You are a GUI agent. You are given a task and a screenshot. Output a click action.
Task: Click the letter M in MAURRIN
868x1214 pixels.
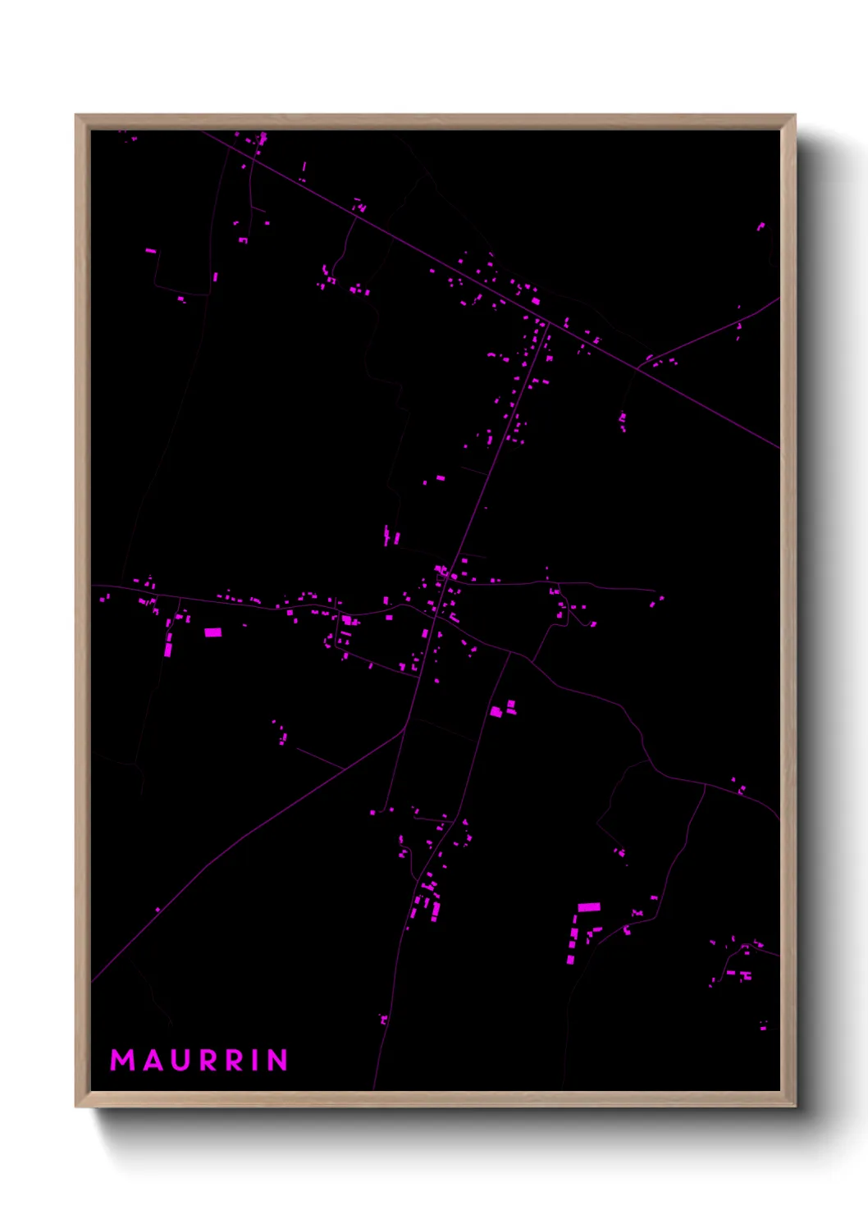(x=122, y=1060)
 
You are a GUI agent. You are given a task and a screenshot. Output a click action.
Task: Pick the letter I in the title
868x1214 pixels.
(x=257, y=1060)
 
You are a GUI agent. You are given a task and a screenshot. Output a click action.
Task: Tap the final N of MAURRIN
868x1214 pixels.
(x=278, y=1060)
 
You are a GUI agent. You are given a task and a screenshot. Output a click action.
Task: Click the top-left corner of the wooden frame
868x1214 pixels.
(x=76, y=116)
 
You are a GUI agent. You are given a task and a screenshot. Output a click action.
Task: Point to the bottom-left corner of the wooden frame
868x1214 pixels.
(x=76, y=1106)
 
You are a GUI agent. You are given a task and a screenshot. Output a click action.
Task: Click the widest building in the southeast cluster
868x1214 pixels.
(x=589, y=906)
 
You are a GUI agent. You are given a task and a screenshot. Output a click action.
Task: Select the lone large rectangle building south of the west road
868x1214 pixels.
(x=212, y=632)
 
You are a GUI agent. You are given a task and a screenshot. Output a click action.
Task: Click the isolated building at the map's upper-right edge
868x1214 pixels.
(x=761, y=226)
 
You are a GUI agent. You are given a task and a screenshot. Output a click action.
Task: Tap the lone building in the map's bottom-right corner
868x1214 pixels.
(x=763, y=1026)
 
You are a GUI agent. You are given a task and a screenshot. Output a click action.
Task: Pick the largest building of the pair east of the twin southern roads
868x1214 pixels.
(x=496, y=711)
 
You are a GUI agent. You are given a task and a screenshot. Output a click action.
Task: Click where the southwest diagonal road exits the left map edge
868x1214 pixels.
(x=92, y=981)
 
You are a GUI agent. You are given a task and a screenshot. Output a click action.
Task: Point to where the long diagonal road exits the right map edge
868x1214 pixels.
(x=779, y=448)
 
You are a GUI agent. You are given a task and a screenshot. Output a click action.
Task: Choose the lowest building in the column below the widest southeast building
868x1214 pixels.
(x=571, y=959)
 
